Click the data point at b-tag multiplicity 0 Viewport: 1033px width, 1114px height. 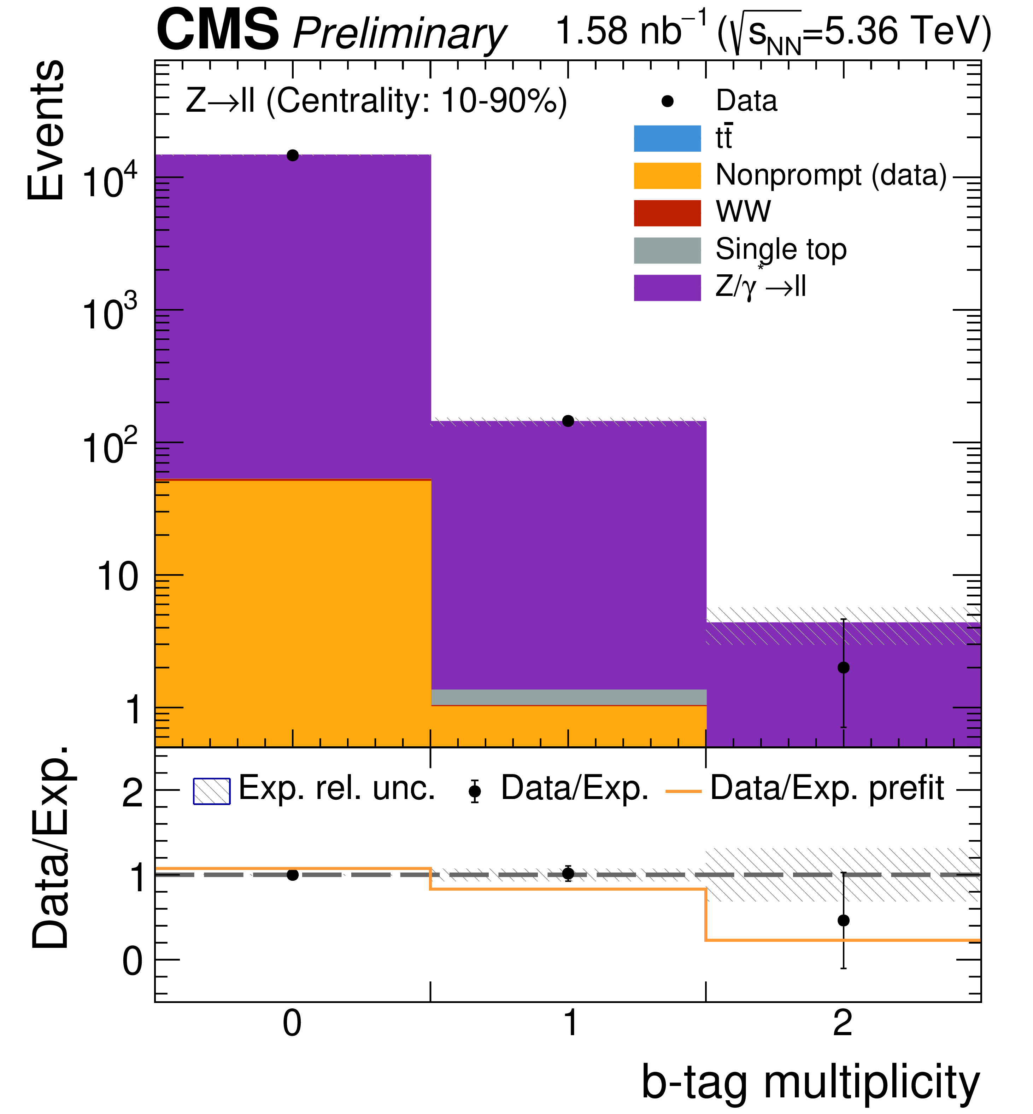(292, 156)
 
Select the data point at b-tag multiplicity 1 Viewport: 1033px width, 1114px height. (568, 421)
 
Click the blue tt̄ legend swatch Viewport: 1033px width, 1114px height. (667, 138)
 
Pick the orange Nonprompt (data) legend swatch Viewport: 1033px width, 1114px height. (667, 176)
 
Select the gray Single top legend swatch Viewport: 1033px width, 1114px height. (667, 250)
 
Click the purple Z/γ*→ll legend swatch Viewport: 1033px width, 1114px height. (667, 287)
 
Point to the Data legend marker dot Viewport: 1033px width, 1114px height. (667, 101)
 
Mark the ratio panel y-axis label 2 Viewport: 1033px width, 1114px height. (133, 793)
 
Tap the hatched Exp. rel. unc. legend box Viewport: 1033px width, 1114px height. (211, 791)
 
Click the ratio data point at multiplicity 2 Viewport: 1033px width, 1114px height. (844, 920)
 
